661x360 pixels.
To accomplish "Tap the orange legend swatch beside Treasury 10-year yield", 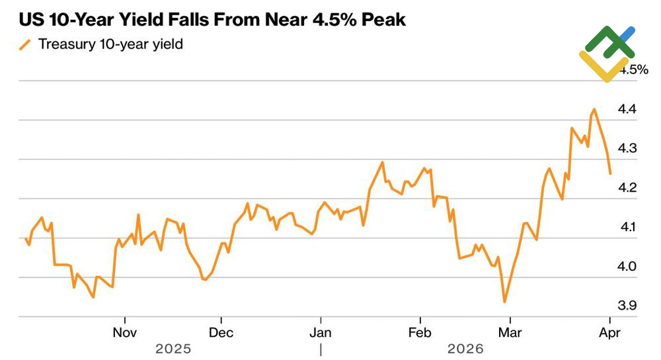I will pyautogui.click(x=26, y=45).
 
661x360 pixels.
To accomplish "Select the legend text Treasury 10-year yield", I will pyautogui.click(x=110, y=45).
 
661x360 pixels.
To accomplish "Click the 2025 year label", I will pyautogui.click(x=173, y=348).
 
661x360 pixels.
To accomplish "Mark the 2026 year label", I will pyautogui.click(x=465, y=348).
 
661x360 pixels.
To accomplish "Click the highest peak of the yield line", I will pyautogui.click(x=594, y=109).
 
